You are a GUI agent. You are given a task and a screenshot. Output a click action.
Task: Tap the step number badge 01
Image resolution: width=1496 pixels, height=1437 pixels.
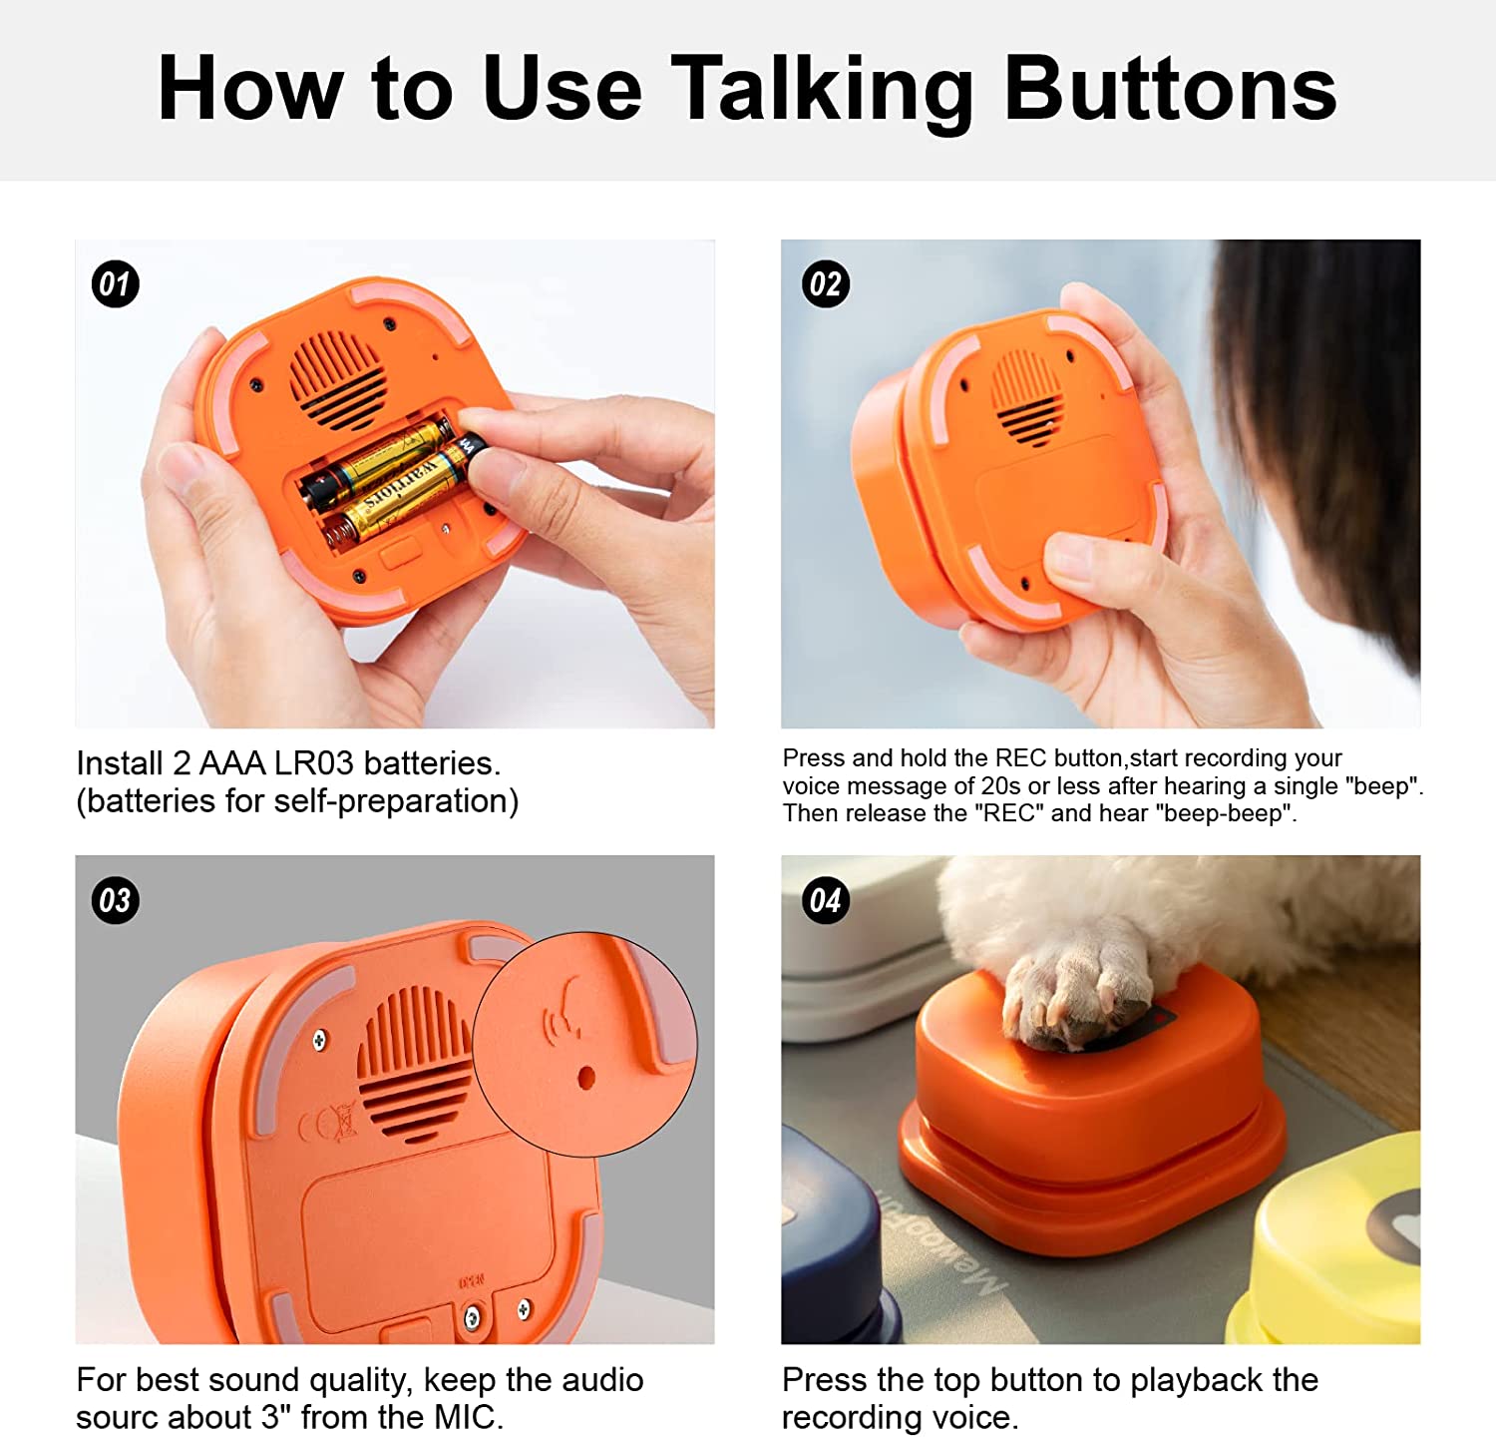coord(115,284)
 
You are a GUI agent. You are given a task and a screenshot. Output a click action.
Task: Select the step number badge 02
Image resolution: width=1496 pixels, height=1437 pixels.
coord(825,284)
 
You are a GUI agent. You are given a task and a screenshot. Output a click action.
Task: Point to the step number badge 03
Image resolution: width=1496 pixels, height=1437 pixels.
coord(115,900)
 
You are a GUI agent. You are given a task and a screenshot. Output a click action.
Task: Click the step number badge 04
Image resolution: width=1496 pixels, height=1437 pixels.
coord(825,901)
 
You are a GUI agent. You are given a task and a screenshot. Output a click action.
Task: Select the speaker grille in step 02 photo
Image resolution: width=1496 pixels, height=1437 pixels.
coord(1027,397)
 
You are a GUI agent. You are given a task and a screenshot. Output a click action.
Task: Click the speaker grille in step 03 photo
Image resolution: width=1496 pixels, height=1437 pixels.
coord(414,1063)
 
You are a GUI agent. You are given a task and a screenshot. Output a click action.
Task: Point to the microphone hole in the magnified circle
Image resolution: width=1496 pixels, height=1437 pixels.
coord(586,1078)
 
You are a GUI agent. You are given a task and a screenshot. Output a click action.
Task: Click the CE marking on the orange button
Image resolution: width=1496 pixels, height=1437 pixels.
coord(328,1126)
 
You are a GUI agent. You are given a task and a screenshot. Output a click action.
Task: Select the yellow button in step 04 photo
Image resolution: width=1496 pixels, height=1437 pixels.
coord(1336,1247)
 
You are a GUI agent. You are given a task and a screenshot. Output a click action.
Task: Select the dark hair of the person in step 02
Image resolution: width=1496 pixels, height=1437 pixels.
coord(1336,419)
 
